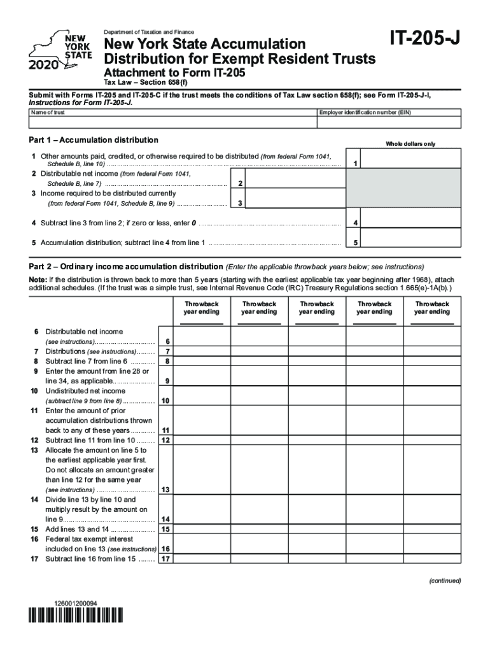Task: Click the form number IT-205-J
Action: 424,40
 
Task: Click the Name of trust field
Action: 172,122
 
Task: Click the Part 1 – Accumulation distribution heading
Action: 94,139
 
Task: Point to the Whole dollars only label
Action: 410,144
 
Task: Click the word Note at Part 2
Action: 37,280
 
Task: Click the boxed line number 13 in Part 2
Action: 165,490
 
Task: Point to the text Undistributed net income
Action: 85,391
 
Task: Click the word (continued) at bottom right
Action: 444,581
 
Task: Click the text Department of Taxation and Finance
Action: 150,32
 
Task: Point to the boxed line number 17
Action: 165,560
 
